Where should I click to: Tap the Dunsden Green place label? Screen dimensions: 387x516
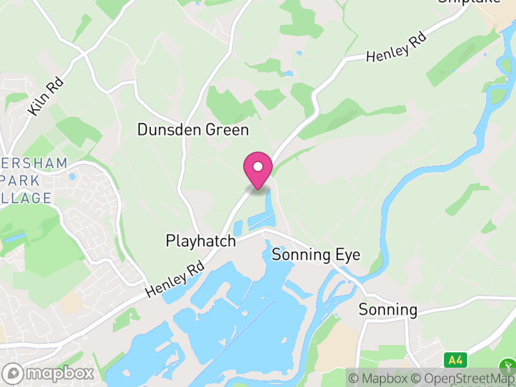coord(193,130)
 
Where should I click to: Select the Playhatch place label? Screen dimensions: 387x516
coord(201,241)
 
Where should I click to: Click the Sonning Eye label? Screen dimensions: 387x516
coord(316,254)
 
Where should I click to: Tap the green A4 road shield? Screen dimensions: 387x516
coord(455,359)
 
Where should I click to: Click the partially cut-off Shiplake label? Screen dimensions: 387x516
coord(470,2)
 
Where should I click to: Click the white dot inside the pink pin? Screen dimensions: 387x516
coord(258,167)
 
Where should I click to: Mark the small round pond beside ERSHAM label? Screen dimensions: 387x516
coord(72,176)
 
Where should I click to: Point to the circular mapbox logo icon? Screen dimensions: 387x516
coord(13,373)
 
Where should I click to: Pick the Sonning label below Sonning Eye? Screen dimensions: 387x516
coord(388,310)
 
